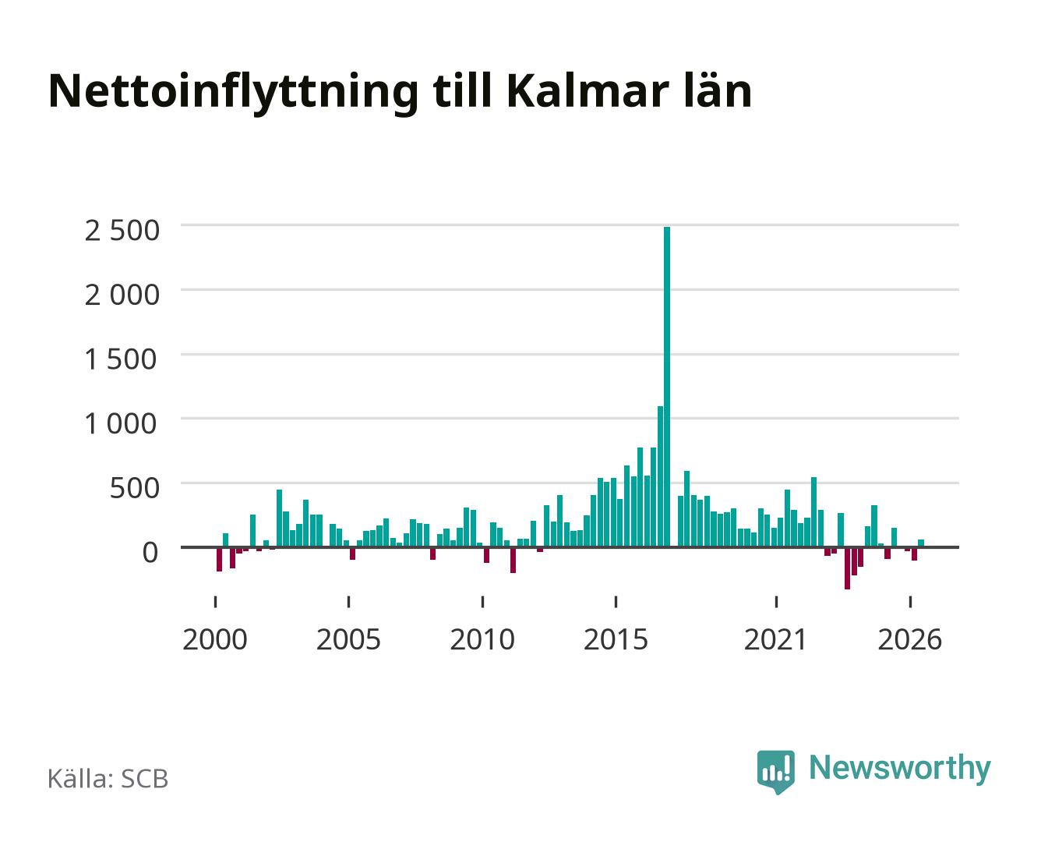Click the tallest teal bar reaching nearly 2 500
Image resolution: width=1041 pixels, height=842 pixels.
pyautogui.click(x=667, y=386)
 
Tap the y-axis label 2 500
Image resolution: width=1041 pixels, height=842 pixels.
pyautogui.click(x=122, y=231)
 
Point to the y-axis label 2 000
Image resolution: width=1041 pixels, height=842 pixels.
pyautogui.click(x=122, y=295)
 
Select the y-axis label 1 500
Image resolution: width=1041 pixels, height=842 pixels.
pyautogui.click(x=120, y=359)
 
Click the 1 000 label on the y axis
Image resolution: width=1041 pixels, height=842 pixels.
pyautogui.click(x=120, y=423)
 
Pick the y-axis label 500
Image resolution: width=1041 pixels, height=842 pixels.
pyautogui.click(x=134, y=488)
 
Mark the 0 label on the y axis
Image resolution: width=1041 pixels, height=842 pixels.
pyautogui.click(x=150, y=553)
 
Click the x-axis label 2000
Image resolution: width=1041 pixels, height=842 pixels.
pyautogui.click(x=215, y=639)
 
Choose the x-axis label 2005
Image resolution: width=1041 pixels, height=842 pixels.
pyautogui.click(x=348, y=639)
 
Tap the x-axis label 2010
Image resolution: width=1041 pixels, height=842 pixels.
pyautogui.click(x=482, y=639)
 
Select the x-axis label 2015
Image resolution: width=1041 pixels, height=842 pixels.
pyautogui.click(x=616, y=639)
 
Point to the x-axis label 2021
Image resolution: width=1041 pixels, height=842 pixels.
pyautogui.click(x=775, y=639)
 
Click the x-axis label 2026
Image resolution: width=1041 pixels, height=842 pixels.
pyautogui.click(x=909, y=639)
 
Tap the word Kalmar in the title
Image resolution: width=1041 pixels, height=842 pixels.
pyautogui.click(x=588, y=91)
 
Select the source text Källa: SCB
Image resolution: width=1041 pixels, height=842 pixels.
pyautogui.click(x=108, y=779)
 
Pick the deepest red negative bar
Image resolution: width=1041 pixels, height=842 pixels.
pyautogui.click(x=847, y=568)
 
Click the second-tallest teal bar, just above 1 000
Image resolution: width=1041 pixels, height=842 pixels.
pyautogui.click(x=660, y=476)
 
